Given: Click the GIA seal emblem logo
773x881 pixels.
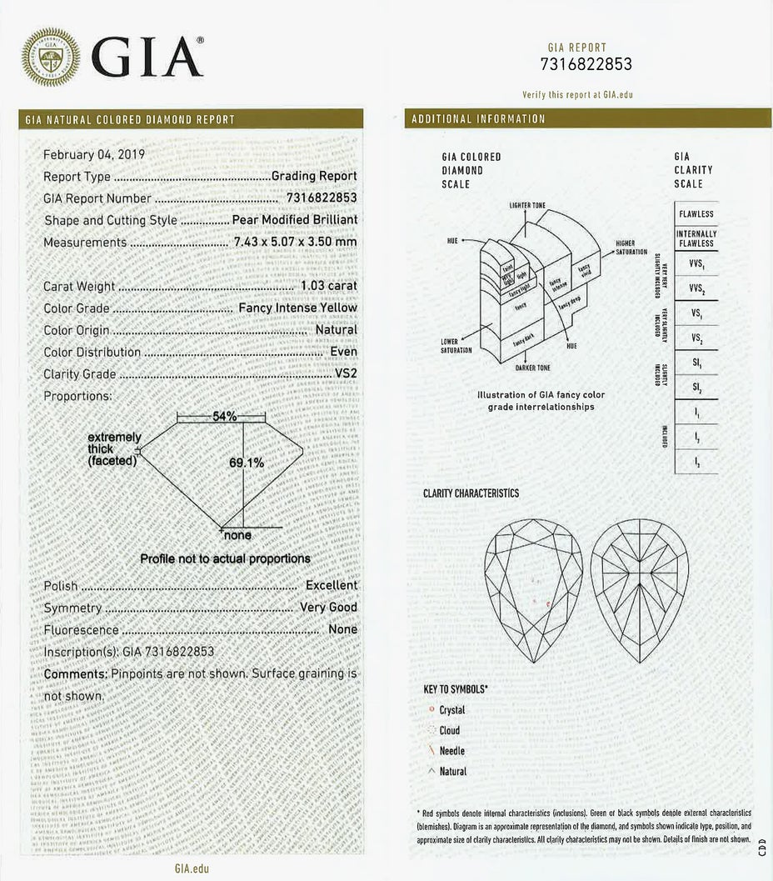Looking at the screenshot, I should (x=51, y=58).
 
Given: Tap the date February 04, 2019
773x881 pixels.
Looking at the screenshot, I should (x=94, y=154).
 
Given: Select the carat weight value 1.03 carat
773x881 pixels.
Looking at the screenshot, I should (x=328, y=286).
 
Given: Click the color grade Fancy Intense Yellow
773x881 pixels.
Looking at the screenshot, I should (x=297, y=308).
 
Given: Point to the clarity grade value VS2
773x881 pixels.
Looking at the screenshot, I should (x=346, y=374).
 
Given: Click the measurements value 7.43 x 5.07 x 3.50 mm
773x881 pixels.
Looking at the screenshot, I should (x=295, y=243).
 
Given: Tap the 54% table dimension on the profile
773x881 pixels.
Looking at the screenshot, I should (x=225, y=416).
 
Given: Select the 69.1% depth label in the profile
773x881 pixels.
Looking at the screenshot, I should (x=247, y=462).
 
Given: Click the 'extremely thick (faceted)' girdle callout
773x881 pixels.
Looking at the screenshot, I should (x=114, y=449).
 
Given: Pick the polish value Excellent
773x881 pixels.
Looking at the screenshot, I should (x=331, y=585).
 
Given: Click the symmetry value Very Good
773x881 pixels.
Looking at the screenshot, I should (x=328, y=608).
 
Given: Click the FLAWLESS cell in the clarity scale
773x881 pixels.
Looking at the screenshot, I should (x=696, y=214).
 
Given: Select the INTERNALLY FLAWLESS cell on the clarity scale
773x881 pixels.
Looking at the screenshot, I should (x=696, y=238).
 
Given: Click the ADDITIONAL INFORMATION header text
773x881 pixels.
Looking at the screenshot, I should (x=478, y=118).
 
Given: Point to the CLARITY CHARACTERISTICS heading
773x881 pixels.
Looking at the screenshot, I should (x=471, y=493).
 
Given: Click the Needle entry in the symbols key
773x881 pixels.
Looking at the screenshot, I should (x=451, y=751).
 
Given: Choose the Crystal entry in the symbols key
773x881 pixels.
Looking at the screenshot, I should (x=451, y=710).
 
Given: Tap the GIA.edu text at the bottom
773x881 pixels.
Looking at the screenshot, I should (x=192, y=868).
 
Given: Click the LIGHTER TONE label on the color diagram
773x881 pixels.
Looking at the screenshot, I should (x=526, y=205).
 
